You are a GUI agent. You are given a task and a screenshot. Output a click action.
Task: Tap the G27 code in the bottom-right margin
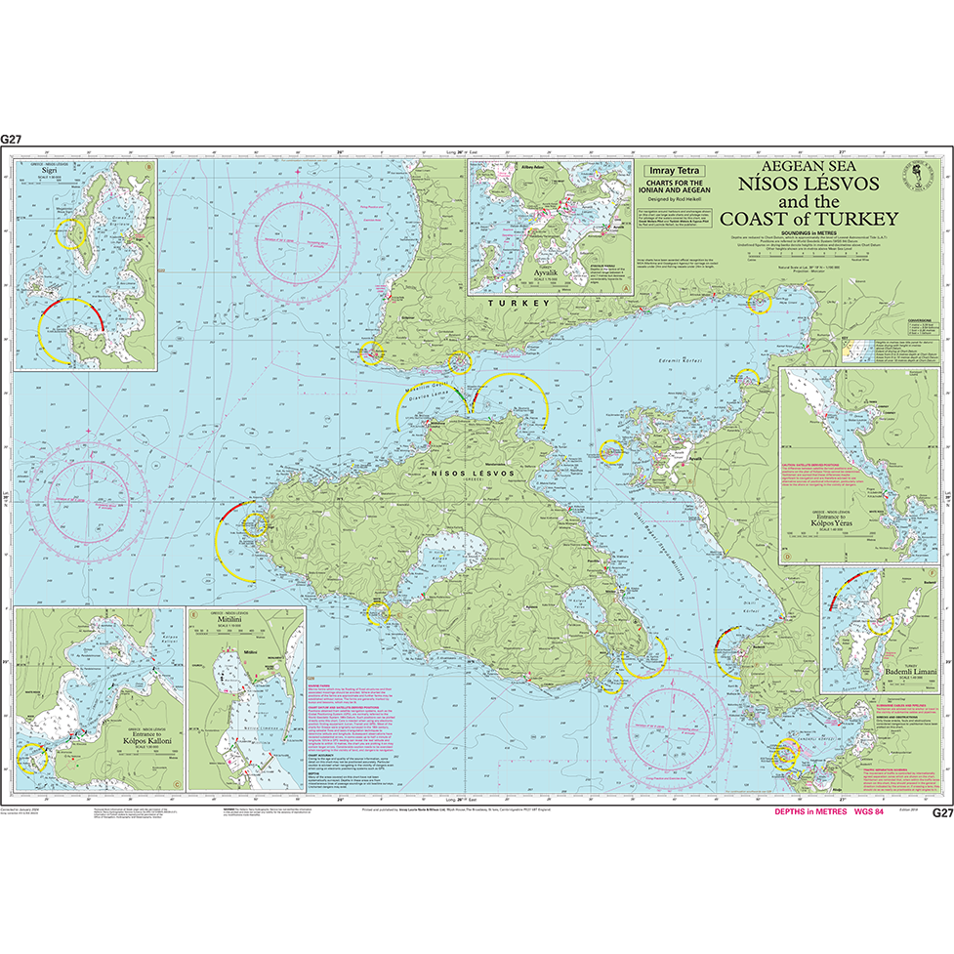(x=940, y=812)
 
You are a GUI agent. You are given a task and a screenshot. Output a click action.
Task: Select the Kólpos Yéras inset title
(x=825, y=521)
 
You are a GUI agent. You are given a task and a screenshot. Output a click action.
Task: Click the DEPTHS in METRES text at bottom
(x=809, y=812)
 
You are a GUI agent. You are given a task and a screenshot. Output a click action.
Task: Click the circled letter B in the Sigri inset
(x=147, y=166)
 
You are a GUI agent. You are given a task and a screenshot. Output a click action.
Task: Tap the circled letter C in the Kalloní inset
(x=175, y=781)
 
